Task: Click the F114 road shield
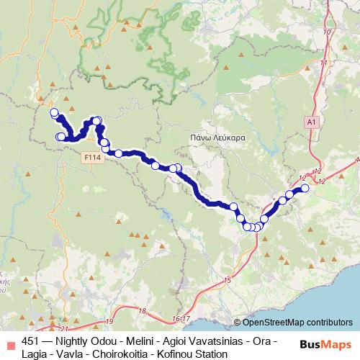[x=91, y=157]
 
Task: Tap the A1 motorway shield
[x=311, y=123]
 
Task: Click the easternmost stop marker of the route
[x=305, y=188]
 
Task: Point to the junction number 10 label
[x=328, y=32]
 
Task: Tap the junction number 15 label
[x=228, y=279]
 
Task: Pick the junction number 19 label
[x=109, y=321]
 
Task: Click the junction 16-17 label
[x=181, y=318]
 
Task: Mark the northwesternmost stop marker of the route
[x=53, y=112]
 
